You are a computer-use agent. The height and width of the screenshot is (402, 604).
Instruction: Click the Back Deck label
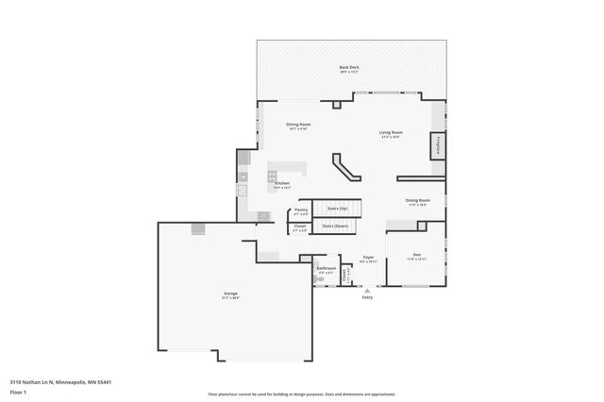(349, 67)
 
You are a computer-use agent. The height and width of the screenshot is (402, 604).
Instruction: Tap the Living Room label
(391, 133)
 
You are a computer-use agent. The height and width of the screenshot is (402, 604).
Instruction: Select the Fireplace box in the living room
(438, 146)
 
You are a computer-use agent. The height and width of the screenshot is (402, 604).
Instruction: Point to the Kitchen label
(281, 184)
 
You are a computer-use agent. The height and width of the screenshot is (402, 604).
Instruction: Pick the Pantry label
(301, 209)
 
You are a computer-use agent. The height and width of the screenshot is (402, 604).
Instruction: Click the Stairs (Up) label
(337, 208)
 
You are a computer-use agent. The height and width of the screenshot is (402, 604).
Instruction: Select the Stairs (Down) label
(336, 226)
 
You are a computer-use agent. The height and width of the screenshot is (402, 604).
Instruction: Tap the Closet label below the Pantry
(300, 226)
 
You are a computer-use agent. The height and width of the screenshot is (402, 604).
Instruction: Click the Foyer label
(369, 257)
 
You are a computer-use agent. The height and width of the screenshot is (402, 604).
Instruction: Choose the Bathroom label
(327, 269)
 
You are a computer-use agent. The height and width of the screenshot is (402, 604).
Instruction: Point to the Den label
(416, 255)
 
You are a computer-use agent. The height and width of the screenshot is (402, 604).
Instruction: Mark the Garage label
(230, 294)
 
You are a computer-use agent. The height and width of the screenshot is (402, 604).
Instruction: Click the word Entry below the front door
(367, 298)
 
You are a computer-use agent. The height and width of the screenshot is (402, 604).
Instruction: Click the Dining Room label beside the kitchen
(298, 125)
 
